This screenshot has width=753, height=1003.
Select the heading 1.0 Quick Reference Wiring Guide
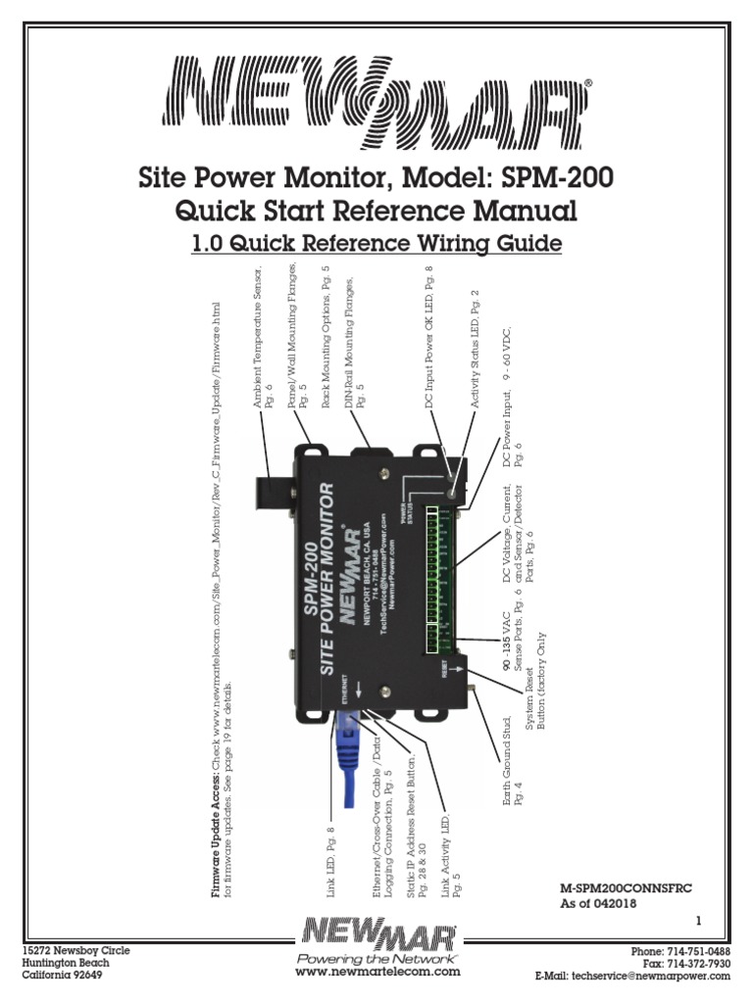(x=376, y=242)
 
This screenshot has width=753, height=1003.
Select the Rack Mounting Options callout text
(x=326, y=333)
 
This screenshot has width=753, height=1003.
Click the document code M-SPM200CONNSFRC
(x=626, y=887)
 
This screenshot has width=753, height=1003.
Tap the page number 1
(x=699, y=921)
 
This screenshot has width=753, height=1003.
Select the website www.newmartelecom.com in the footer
(x=377, y=972)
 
